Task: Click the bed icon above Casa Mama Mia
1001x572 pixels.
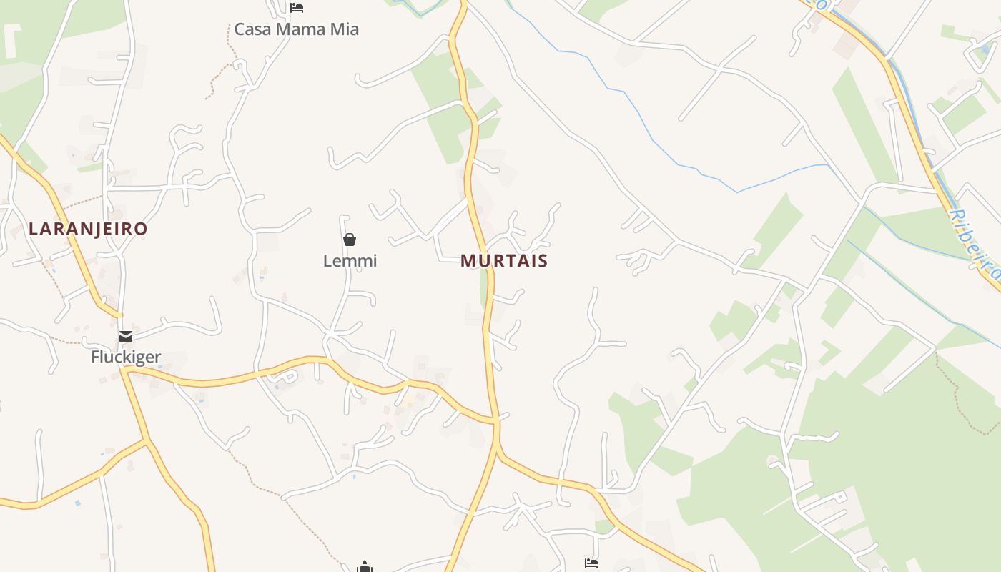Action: point(297,8)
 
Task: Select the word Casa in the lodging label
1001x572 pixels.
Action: point(250,29)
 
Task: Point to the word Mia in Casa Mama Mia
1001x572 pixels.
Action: point(343,29)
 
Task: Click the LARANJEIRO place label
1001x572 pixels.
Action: point(88,229)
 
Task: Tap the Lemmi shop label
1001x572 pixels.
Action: point(350,261)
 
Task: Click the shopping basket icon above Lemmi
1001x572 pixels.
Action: point(350,240)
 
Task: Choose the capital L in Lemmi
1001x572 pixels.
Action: point(328,261)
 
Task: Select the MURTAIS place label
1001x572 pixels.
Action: point(504,261)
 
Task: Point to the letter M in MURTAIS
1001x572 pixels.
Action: point(468,261)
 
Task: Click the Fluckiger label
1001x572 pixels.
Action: point(126,357)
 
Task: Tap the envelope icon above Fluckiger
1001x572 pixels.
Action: point(126,336)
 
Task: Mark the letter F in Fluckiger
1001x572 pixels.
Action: point(95,357)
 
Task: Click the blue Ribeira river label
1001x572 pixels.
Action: point(975,243)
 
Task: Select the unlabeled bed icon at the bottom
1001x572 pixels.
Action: point(591,563)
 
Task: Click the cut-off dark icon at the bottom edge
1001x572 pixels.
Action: point(365,568)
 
